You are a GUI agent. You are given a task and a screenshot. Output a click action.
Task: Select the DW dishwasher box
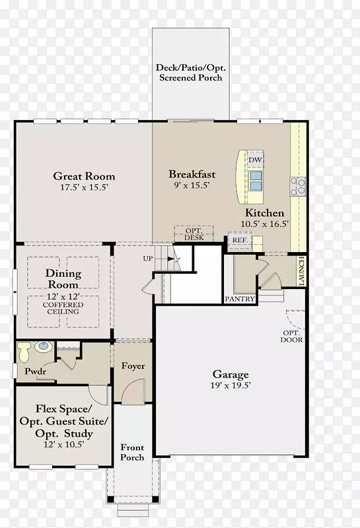(255, 160)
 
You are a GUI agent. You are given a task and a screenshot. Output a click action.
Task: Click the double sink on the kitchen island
(256, 181)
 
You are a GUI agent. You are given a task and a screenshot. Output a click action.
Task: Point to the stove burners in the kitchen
(298, 187)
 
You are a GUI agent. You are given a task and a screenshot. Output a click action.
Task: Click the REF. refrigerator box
(240, 240)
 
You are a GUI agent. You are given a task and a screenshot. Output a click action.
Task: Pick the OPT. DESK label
(194, 234)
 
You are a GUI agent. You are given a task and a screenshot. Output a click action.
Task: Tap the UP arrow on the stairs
(171, 259)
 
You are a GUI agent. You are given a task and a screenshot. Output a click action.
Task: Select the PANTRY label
(240, 299)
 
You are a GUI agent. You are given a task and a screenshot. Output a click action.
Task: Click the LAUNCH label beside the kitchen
(301, 271)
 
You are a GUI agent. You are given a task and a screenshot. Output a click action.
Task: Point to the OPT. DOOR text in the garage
(291, 336)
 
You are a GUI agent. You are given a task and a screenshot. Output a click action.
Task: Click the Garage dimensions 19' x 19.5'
(231, 385)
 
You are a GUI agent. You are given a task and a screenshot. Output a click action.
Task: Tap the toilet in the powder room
(24, 352)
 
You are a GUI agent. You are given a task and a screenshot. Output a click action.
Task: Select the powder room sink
(44, 347)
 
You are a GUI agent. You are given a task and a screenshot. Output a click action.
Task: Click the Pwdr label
(36, 371)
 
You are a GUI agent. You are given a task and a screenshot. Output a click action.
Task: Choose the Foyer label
(133, 366)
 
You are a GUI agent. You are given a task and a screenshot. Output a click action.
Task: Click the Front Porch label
(132, 452)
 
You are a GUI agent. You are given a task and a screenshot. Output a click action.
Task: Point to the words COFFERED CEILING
(63, 308)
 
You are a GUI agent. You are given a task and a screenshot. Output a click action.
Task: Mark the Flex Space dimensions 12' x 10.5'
(63, 444)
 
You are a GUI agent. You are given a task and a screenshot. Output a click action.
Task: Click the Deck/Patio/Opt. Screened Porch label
(191, 73)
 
